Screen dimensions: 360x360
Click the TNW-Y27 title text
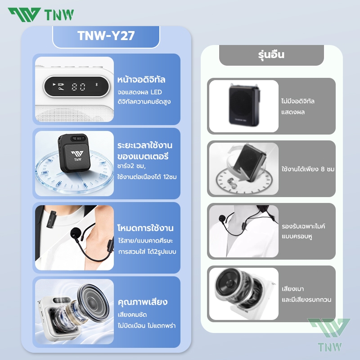pos(106,36)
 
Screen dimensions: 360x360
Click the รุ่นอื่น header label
pos(271,54)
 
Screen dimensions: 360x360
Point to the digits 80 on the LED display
pos(78,87)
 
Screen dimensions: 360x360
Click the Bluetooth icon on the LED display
pos(97,85)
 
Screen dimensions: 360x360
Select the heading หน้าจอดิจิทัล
pos(141,80)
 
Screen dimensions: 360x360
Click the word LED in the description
pos(156,92)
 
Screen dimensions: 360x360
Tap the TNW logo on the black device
pos(77,156)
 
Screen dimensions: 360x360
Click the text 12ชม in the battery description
pos(170,177)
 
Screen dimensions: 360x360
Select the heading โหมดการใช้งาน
pos(145,228)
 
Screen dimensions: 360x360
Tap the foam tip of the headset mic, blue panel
pos(75,233)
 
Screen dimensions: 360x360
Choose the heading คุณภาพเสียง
pos(143,302)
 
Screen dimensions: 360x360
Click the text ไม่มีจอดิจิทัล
pos(298,101)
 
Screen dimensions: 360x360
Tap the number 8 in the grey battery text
pos(323,169)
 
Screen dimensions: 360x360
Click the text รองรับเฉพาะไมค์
pos(303,226)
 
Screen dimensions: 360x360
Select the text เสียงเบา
pos(293,289)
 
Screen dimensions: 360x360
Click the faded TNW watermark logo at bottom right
pos(329,335)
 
